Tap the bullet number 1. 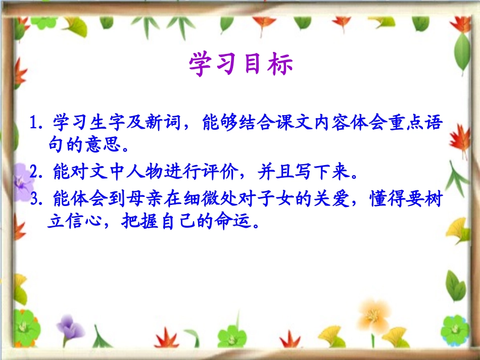tap(36, 123)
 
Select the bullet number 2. tap(36, 173)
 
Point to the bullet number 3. tap(36, 200)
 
